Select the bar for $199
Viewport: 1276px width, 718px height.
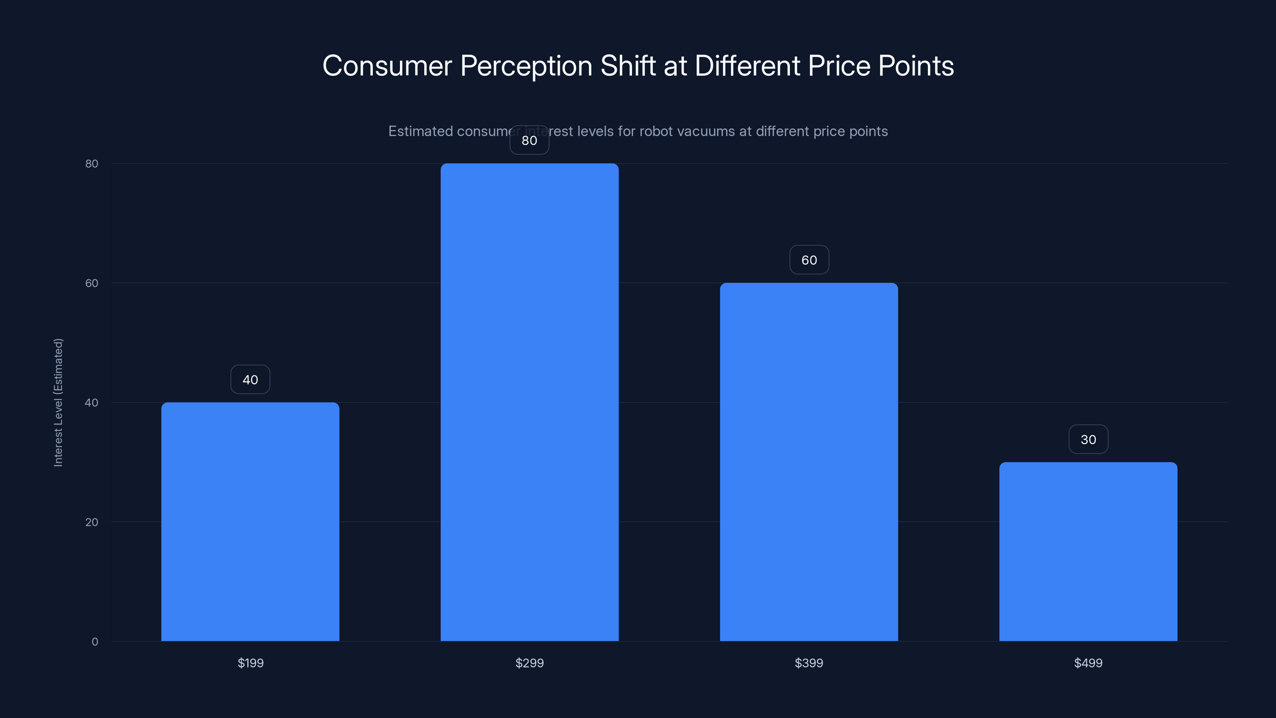point(250,521)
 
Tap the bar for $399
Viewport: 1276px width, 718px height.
point(809,462)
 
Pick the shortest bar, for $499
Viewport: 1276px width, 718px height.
point(1088,552)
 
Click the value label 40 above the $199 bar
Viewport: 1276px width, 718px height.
point(250,380)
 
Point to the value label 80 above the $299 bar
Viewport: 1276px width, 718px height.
point(530,140)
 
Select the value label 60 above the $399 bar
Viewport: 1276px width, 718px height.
point(809,260)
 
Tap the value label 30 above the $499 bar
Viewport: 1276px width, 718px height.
point(1088,440)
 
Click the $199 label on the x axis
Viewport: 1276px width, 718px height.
point(250,663)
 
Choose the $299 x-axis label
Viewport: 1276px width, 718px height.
point(530,663)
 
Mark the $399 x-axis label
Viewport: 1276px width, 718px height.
point(809,663)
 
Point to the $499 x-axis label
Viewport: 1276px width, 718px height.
point(1088,663)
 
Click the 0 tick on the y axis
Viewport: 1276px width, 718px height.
point(95,642)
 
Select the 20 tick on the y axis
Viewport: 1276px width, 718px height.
point(92,522)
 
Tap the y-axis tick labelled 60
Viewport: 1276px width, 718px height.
point(92,283)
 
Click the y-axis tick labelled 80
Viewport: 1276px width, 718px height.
point(92,164)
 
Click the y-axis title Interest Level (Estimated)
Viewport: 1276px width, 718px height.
point(58,402)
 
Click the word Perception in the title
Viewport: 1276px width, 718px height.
point(526,66)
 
